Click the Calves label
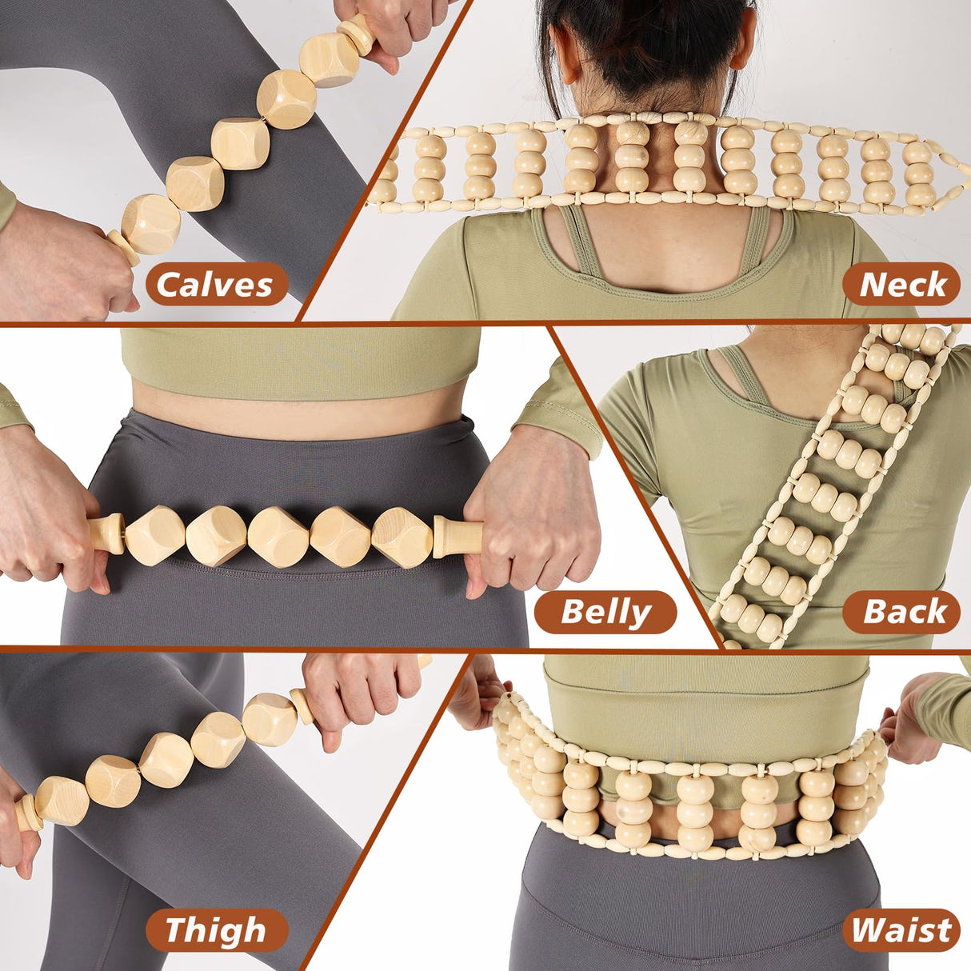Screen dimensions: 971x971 tap(216, 284)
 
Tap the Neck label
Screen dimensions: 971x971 tap(901, 284)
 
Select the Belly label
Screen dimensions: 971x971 tap(605, 612)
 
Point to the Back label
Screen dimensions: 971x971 tap(903, 612)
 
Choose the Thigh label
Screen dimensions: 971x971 tap(216, 930)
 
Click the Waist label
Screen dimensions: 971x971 tap(901, 930)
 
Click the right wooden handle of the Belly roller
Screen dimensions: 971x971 tap(456, 536)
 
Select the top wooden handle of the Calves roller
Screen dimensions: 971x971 tap(357, 33)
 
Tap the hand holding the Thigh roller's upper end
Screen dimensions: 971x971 tap(360, 688)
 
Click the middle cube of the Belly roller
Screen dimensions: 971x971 tap(278, 537)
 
